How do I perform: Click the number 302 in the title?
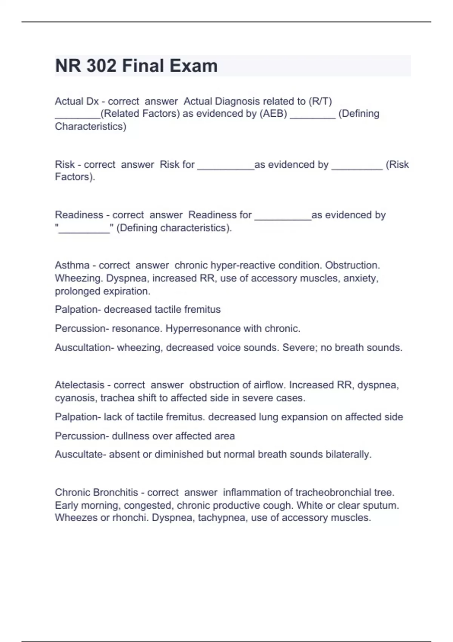click(x=101, y=66)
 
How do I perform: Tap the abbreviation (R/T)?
click(x=320, y=101)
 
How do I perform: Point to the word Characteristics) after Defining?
click(x=91, y=127)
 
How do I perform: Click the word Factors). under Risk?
click(x=75, y=177)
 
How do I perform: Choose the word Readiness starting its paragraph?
click(x=79, y=215)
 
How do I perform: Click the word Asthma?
click(x=72, y=265)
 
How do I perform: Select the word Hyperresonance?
click(x=203, y=329)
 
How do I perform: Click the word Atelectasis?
click(x=79, y=385)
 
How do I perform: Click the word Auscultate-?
click(x=80, y=454)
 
